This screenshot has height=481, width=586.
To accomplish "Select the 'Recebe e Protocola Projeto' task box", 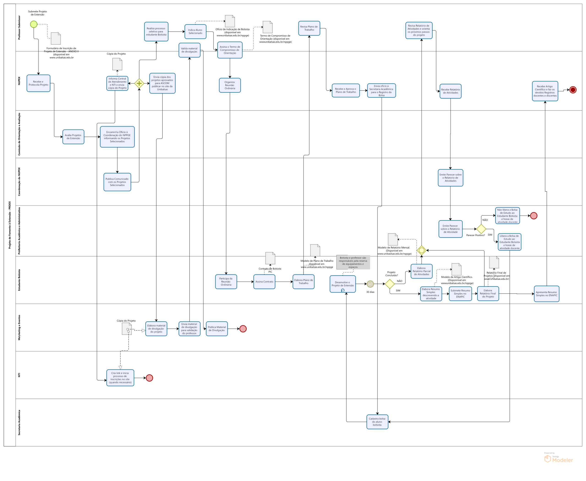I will click(38, 83).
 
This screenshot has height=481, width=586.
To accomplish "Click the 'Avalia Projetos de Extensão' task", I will click(73, 137).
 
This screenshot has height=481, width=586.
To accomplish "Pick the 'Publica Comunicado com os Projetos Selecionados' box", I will click(117, 182).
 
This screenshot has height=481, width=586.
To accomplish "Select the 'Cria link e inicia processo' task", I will click(120, 378).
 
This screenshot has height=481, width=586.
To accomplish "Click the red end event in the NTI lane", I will click(149, 378).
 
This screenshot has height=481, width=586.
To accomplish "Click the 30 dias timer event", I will click(370, 284).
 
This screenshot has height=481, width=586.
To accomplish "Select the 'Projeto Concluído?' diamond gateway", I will click(390, 284).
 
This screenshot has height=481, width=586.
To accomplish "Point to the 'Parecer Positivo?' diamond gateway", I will click(481, 229).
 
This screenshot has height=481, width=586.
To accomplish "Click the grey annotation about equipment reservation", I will click(353, 262).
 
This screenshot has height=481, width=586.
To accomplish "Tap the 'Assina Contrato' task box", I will click(264, 282).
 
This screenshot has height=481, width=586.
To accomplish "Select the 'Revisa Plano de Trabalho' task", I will click(309, 28).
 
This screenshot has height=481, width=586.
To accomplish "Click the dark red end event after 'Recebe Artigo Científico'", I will click(573, 90).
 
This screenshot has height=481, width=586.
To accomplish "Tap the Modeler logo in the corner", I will click(558, 459).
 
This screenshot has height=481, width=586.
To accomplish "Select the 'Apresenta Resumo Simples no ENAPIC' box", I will click(546, 294).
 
